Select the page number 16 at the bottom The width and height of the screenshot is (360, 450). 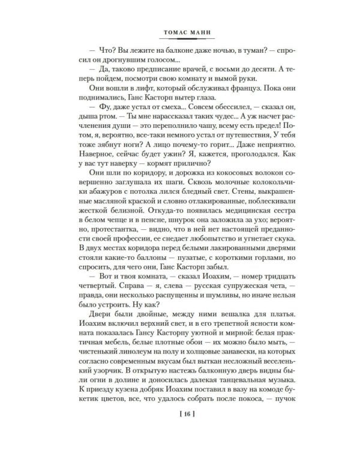click(x=180, y=415)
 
